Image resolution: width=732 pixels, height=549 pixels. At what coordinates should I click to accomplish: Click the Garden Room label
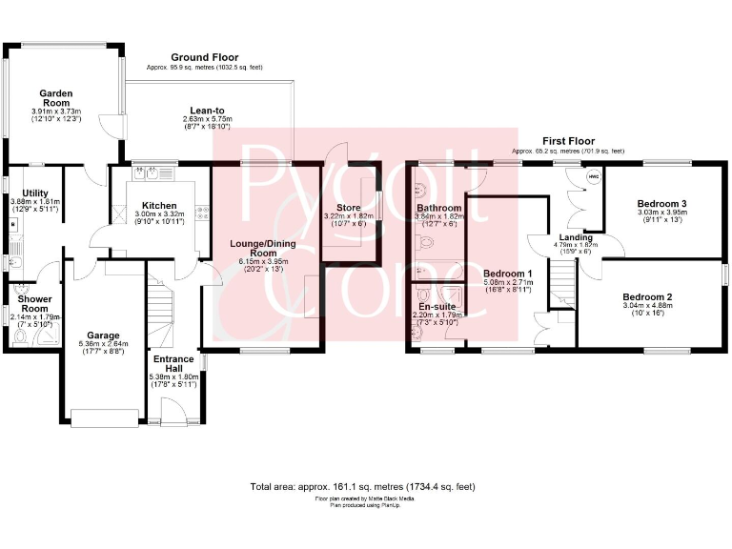tap(57, 93)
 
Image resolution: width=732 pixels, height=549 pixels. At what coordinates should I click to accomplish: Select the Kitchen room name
tap(158, 205)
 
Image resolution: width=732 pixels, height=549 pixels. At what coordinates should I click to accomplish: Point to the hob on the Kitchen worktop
tap(202, 213)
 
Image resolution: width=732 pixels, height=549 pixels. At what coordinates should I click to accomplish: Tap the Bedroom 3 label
tap(662, 204)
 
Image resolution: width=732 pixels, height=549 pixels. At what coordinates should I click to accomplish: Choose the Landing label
tap(576, 237)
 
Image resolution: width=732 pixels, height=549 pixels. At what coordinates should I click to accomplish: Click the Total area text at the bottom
tap(362, 486)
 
